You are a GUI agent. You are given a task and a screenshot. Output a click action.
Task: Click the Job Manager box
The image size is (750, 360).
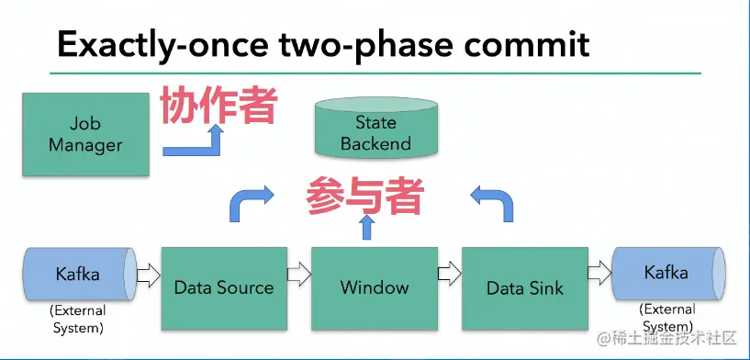pos(84,134)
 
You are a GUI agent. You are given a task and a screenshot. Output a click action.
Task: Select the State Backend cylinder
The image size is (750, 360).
pos(375,131)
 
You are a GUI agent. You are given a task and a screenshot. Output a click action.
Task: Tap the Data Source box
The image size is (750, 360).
pos(224,287)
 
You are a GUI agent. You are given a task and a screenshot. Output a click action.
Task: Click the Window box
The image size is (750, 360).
pos(375,287)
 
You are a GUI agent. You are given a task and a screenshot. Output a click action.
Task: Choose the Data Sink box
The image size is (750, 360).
pos(525,287)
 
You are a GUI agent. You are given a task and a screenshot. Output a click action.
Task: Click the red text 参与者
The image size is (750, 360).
pos(365,195)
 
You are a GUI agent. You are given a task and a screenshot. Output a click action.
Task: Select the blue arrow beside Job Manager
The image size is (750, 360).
pos(195,142)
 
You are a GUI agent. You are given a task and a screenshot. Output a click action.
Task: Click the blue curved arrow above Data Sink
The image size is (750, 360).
pos(492,203)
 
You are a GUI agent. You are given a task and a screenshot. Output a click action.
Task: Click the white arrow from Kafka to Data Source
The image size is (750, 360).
pos(147,273)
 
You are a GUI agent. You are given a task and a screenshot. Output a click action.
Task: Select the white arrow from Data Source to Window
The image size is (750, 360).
pos(297,273)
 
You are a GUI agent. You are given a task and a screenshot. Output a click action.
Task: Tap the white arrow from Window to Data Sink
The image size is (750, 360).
pos(448,273)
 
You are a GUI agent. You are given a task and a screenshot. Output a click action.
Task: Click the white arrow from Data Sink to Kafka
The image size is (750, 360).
pos(599,273)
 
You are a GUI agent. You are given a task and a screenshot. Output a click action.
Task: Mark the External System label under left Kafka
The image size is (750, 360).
pos(77,320)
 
